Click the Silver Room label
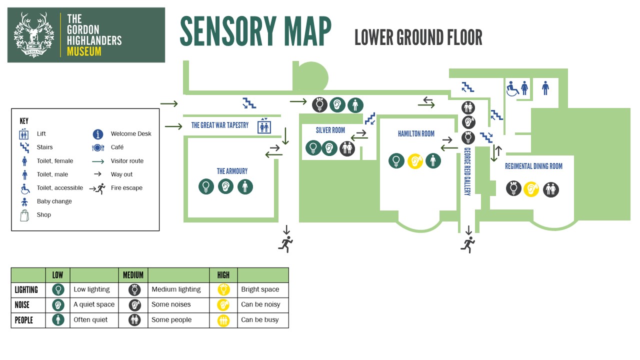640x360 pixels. tap(330, 130)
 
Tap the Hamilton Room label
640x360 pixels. tap(416, 133)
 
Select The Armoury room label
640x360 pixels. tap(232, 171)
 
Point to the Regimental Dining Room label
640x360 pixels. tap(533, 166)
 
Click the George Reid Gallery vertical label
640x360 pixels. tap(467, 171)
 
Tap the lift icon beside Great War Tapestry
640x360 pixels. tap(264, 125)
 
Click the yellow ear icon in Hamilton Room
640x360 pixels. tap(415, 161)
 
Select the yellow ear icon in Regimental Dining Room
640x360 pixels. tap(531, 189)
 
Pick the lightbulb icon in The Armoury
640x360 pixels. tap(206, 187)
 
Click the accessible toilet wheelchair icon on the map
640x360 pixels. tap(512, 89)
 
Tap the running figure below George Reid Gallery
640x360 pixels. tap(467, 245)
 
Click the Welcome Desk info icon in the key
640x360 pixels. tap(97, 134)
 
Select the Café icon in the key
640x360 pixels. tap(97, 147)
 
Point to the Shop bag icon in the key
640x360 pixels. tap(24, 215)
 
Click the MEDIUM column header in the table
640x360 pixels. tap(133, 275)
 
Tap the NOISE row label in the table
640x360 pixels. tap(22, 305)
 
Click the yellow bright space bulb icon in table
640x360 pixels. tap(223, 289)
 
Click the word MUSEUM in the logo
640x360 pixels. tap(84, 51)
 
